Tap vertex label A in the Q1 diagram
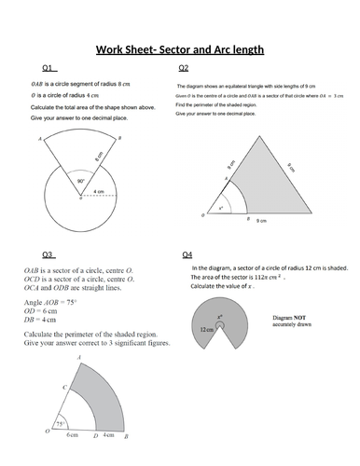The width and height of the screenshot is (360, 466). pos(38,139)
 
